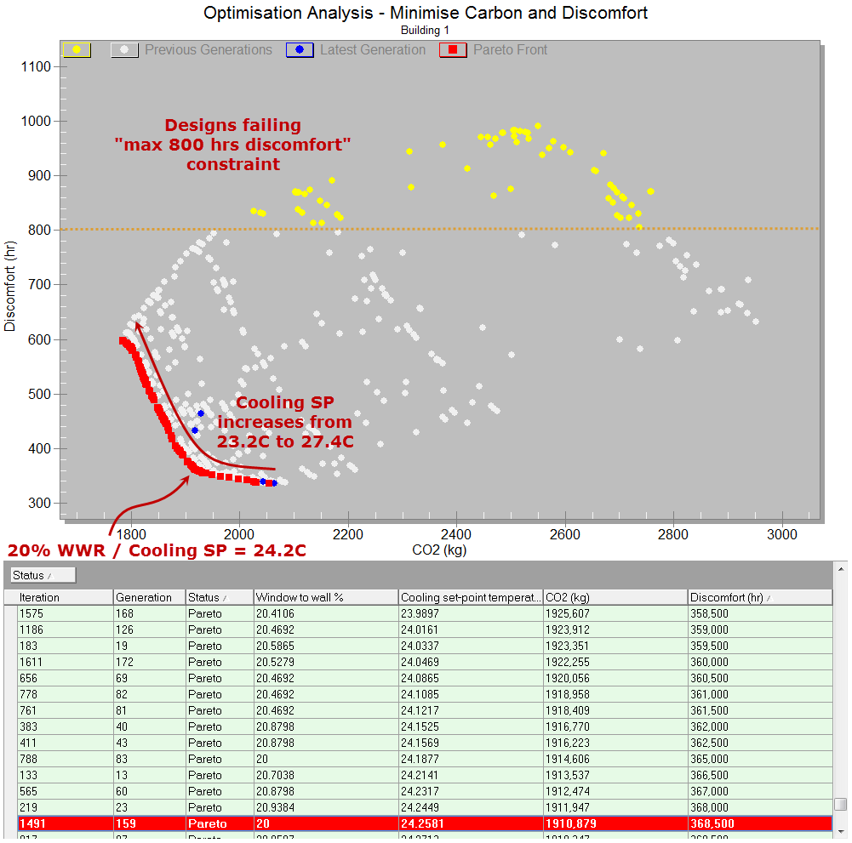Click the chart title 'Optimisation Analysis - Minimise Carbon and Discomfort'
[x=426, y=13]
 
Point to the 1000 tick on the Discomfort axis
[x=39, y=121]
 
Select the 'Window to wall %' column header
[x=299, y=597]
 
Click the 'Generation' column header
[x=144, y=597]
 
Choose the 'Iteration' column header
[x=39, y=597]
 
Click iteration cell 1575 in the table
[x=31, y=613]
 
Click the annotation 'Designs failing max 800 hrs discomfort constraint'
[x=232, y=145]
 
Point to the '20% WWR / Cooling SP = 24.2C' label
[x=157, y=550]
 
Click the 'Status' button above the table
[x=43, y=576]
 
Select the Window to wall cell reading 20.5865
[x=280, y=646]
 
